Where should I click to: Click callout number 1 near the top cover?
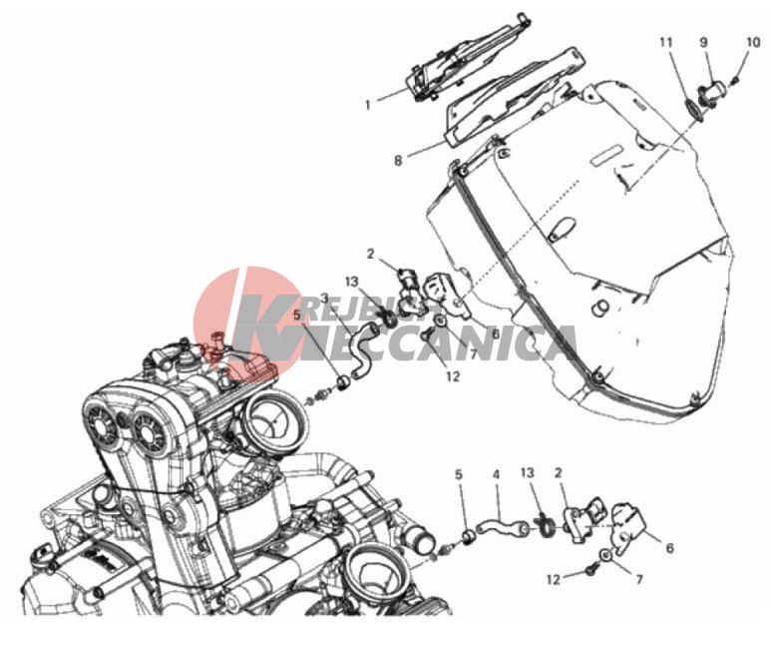368,105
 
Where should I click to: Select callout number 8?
398,160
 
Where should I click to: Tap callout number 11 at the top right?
666,43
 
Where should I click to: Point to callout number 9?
703,42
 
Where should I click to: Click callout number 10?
753,42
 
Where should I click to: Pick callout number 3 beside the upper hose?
324,298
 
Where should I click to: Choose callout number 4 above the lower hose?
496,474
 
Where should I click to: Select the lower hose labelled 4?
503,525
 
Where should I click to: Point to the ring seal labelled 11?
693,107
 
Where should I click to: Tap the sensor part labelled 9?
712,93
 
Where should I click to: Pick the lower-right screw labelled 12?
591,571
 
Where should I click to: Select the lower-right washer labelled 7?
605,555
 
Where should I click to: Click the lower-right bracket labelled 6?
626,526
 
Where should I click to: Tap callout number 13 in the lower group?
527,472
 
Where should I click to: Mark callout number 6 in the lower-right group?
669,547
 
